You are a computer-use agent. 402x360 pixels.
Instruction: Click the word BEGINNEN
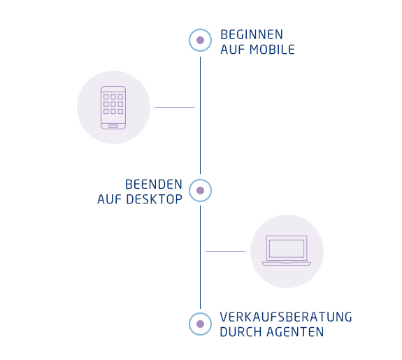point(252,35)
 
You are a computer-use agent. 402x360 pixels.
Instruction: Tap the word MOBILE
point(272,50)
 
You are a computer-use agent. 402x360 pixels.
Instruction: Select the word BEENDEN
point(154,185)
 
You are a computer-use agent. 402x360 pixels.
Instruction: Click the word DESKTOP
point(155,199)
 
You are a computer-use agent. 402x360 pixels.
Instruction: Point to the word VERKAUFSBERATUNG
point(286,317)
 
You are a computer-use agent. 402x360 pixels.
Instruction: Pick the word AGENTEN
point(295,332)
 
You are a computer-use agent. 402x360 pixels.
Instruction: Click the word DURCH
point(241,332)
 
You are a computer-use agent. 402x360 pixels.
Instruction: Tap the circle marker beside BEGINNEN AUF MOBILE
point(200,41)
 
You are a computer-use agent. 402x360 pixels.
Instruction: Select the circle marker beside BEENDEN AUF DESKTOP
point(200,191)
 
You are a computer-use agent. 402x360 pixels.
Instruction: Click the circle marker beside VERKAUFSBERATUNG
point(200,324)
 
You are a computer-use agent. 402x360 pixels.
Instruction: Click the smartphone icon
point(113,108)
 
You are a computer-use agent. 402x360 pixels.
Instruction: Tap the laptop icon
point(287,250)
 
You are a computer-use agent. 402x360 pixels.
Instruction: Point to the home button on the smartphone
point(113,126)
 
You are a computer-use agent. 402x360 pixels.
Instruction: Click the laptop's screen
point(287,248)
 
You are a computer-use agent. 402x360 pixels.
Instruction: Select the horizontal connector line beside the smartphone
point(175,107)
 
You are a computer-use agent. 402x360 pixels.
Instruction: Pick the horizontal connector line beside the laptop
point(226,251)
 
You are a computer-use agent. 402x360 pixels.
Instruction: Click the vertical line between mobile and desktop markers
point(200,115)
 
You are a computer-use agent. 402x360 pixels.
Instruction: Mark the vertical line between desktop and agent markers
point(200,257)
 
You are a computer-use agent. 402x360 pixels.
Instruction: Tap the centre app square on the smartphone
point(113,104)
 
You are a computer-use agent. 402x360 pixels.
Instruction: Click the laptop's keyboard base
point(287,264)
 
